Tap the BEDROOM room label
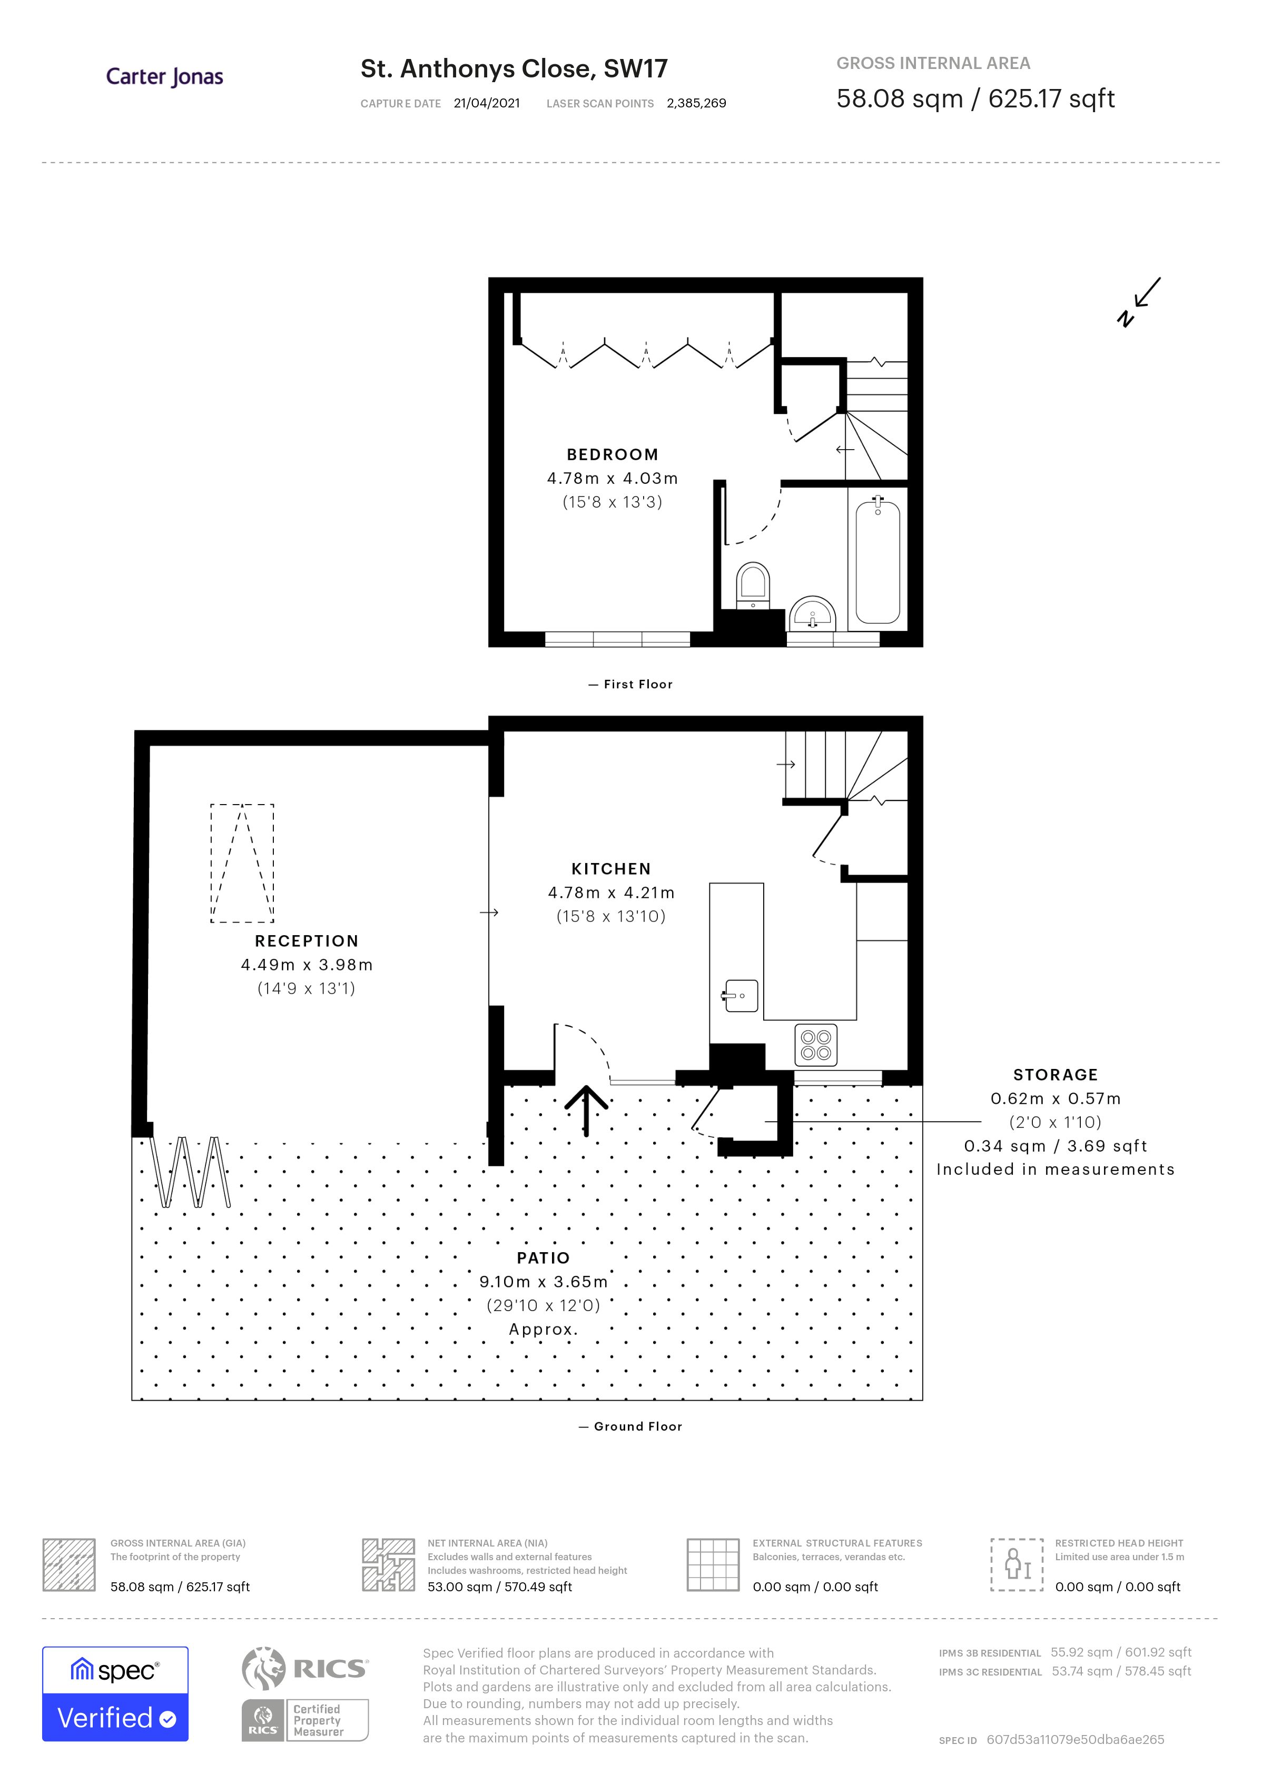tap(613, 454)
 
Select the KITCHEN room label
tap(611, 869)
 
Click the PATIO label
tap(543, 1258)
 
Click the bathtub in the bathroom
tap(878, 562)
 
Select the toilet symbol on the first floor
tap(752, 585)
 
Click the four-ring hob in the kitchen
tap(816, 1045)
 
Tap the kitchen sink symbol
tap(741, 995)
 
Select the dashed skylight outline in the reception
tap(242, 863)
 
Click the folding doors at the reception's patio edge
tap(191, 1172)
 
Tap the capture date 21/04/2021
tap(487, 103)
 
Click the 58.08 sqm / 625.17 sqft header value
tap(975, 98)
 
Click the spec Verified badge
tap(115, 1693)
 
